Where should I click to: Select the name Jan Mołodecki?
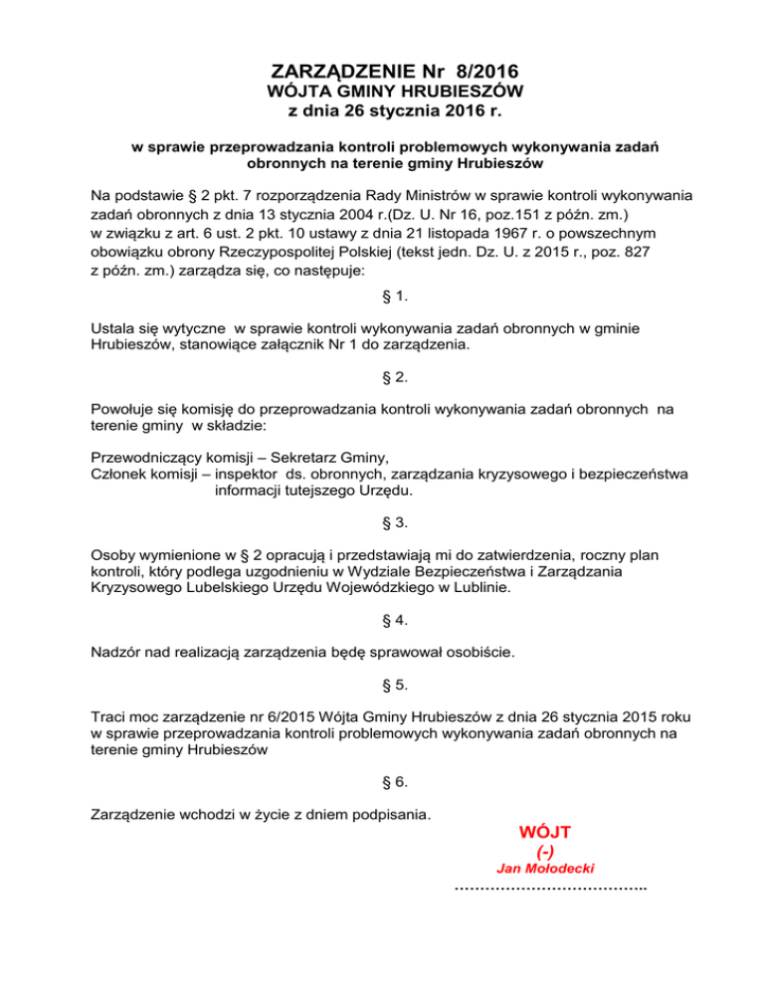point(545,869)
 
